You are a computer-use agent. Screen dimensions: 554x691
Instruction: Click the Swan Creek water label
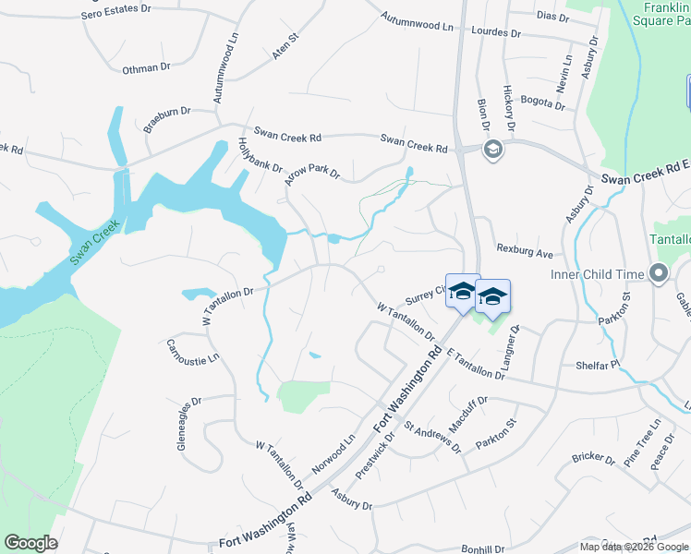click(94, 245)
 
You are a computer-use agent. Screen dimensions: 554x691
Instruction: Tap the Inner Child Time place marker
click(658, 273)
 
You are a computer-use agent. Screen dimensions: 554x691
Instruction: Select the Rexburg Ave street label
click(524, 252)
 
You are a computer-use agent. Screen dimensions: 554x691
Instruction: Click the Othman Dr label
click(147, 67)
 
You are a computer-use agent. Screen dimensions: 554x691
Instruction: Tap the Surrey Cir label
click(425, 295)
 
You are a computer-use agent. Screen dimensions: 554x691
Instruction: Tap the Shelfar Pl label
click(594, 366)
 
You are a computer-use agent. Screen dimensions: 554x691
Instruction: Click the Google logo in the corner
click(30, 543)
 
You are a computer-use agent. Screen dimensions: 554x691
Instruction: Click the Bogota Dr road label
click(542, 102)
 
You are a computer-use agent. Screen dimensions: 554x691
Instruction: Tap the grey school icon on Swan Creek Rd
click(493, 149)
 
